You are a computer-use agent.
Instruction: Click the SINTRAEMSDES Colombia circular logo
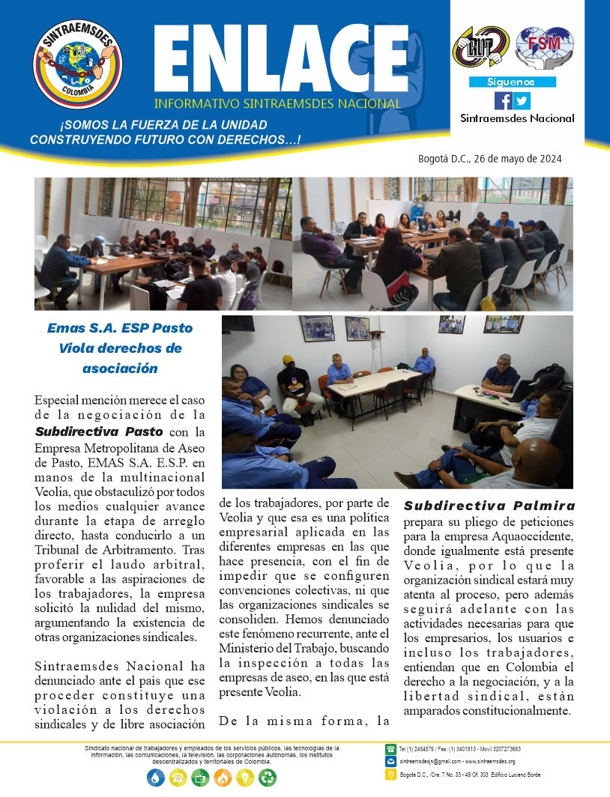coord(77,66)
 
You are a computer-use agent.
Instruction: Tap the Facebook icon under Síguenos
coord(504,100)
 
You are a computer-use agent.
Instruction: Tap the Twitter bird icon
coord(522,100)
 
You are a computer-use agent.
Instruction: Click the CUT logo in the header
coord(481,46)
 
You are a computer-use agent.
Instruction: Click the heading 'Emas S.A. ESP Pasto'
coord(120,328)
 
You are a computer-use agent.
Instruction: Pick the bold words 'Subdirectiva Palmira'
coord(489,505)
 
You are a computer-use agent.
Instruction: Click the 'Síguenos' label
coord(512,82)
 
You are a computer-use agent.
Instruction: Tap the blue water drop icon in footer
coord(154,778)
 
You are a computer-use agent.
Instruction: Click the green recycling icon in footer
coord(268,778)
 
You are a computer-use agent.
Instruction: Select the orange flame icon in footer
coord(223,778)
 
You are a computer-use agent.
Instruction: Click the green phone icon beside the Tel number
coord(390,748)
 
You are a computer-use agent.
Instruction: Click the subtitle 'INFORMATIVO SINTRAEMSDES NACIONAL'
coord(277,103)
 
